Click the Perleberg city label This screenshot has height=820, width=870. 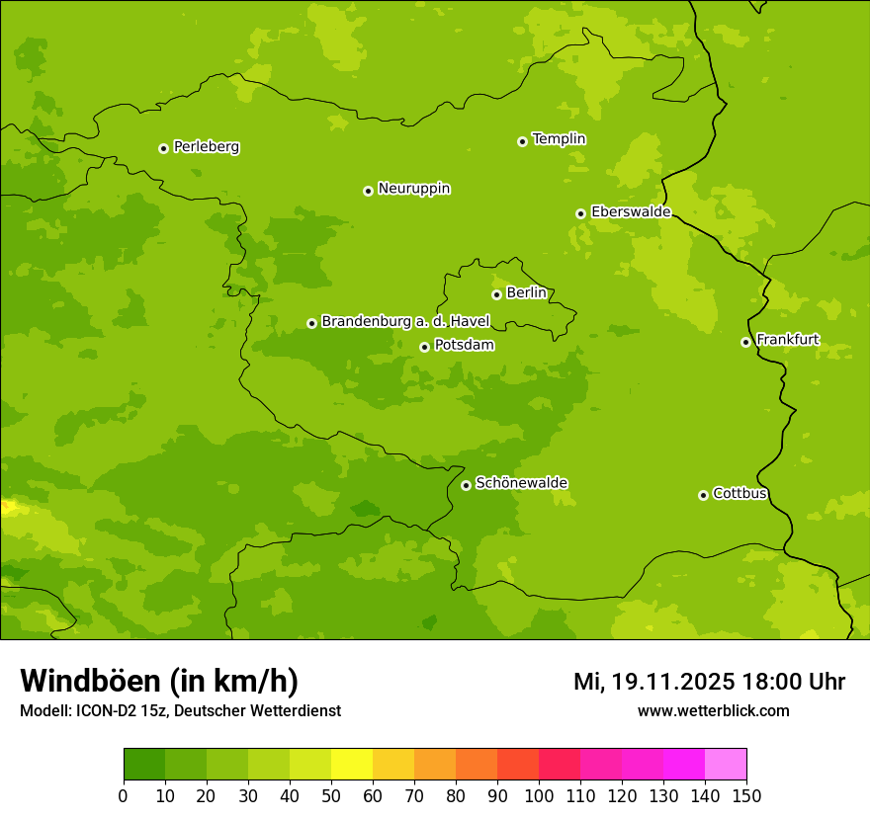[206, 147]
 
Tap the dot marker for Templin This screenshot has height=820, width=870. [522, 141]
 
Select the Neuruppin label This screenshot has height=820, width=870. [413, 189]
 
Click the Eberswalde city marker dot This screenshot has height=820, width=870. [580, 213]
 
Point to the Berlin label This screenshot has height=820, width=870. [526, 293]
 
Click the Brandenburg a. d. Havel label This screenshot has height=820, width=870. [405, 322]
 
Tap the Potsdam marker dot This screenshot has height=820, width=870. [424, 347]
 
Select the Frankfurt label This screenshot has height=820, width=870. [787, 340]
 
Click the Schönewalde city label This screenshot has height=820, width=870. [521, 483]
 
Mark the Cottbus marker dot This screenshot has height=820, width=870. [703, 495]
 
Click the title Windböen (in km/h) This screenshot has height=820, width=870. [159, 681]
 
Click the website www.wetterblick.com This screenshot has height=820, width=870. [713, 711]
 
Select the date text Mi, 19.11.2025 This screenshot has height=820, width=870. [653, 682]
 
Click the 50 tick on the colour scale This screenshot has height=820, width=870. [331, 795]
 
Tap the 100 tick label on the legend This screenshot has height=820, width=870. [539, 795]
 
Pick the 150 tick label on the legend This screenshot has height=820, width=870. [746, 795]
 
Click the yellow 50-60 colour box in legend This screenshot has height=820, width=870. [352, 764]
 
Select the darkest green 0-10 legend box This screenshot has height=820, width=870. [144, 764]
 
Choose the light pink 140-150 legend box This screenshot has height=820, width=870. [726, 764]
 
